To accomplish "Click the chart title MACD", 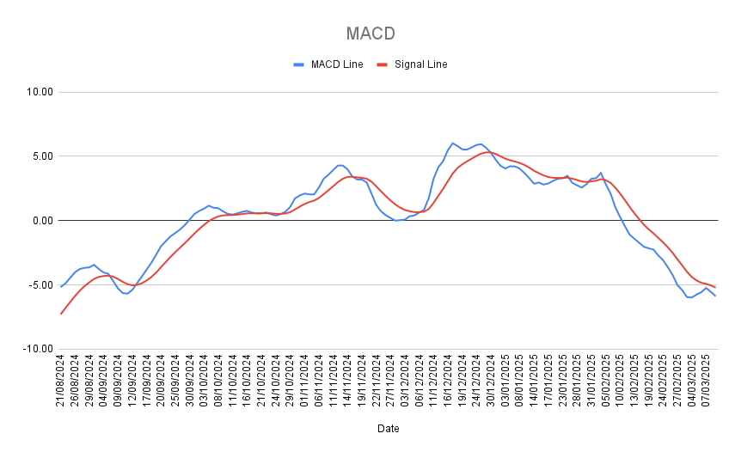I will pos(370,34).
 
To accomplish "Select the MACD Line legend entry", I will pos(336,64).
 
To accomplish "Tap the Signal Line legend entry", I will pos(420,64).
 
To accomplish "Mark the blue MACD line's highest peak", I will pos(452,144).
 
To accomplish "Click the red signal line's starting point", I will pos(61,314).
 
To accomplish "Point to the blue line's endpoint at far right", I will pos(715,296).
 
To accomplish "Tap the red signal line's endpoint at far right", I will pos(715,287).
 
